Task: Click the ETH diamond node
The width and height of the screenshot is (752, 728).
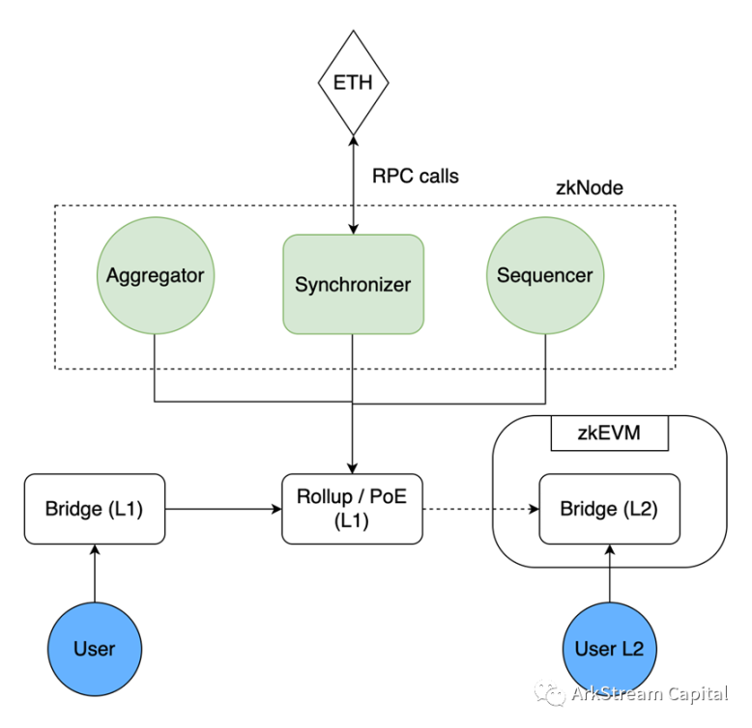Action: (353, 82)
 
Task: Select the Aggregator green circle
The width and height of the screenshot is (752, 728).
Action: (155, 276)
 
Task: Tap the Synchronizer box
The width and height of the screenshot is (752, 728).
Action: (353, 285)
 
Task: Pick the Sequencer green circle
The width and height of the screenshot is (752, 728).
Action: (544, 276)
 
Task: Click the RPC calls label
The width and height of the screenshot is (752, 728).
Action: (415, 177)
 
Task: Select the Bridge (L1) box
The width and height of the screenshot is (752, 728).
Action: (94, 508)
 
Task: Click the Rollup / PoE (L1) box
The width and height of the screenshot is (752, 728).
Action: (353, 508)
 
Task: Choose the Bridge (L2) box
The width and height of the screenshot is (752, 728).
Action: (609, 508)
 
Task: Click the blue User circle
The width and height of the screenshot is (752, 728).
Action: (94, 648)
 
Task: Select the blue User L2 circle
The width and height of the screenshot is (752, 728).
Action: (609, 648)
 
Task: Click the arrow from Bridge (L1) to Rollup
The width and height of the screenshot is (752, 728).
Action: (221, 508)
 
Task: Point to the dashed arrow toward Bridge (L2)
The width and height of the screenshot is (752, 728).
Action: (480, 508)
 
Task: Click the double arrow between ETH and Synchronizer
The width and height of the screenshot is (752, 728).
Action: (353, 183)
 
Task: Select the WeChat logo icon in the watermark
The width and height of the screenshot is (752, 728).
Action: (552, 694)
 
